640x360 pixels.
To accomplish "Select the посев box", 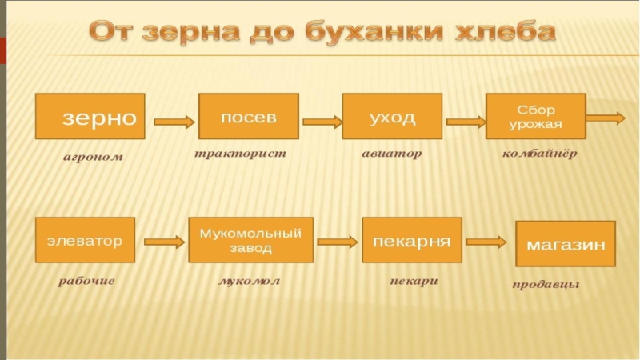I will [249, 118].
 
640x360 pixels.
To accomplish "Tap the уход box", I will [392, 118].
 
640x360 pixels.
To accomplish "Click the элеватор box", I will [84, 240].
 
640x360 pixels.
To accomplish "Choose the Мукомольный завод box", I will [250, 240].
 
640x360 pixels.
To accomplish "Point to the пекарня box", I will [412, 240].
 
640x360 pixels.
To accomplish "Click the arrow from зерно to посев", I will [174, 122].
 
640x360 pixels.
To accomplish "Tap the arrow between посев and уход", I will [321, 122].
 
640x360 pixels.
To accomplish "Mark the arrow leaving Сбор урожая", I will [606, 118].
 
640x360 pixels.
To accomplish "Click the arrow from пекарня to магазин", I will [487, 241].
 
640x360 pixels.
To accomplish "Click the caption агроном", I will [94, 157].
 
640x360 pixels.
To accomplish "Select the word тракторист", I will [241, 152].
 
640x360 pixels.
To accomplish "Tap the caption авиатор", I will [391, 152].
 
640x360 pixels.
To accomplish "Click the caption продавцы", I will [546, 285].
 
